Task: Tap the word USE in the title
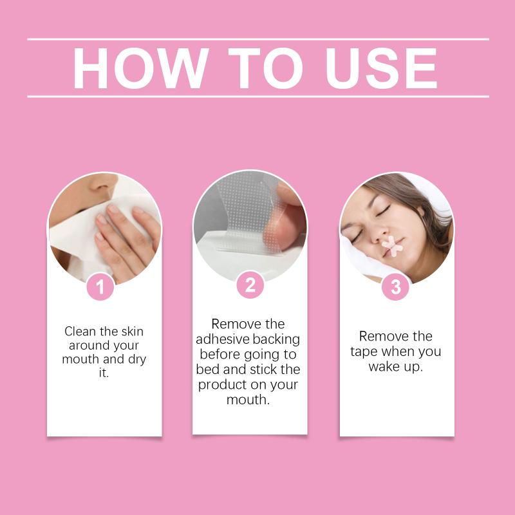381,68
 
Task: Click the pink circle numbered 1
100,286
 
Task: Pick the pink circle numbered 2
250,285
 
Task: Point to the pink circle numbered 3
396,286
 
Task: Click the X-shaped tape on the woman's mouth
392,246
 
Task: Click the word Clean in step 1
80,331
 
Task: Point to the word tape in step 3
364,352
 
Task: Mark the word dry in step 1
137,360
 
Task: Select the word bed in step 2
207,369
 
